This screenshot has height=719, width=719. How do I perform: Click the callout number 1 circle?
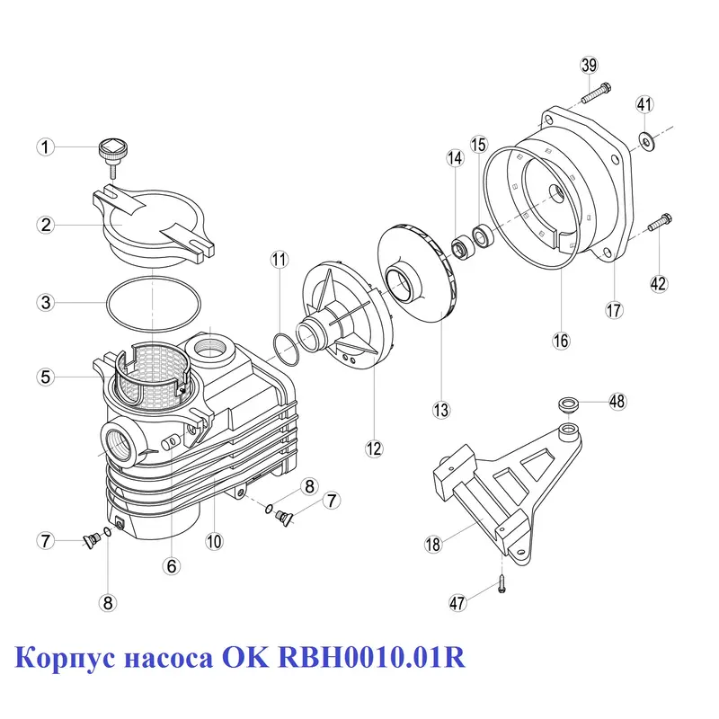point(46,147)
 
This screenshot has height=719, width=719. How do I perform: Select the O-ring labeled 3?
point(154,304)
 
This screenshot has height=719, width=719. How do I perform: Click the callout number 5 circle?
point(46,377)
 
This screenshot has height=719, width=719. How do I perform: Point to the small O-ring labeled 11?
point(286,350)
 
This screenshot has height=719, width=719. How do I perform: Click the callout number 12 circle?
point(374,448)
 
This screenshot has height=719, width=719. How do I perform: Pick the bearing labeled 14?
point(460,248)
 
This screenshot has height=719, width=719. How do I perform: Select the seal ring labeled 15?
point(483,237)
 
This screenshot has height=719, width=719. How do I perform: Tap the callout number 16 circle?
point(561,341)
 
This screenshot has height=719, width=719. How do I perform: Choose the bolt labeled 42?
point(660,222)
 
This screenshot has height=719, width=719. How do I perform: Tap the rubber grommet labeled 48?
point(569,405)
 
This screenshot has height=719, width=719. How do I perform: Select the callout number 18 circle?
point(433,545)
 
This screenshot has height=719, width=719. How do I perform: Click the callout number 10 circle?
point(214,541)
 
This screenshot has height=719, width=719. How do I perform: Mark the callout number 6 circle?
point(171,566)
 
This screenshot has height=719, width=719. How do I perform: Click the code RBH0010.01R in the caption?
point(371,657)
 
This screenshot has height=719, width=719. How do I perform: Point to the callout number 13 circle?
point(441,410)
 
